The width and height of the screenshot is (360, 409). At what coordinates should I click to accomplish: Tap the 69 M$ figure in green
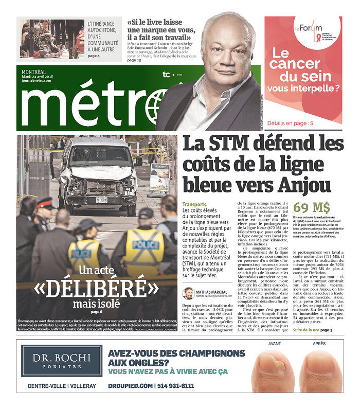(x=312, y=207)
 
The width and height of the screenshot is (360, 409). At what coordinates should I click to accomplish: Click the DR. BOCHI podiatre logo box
(x=62, y=360)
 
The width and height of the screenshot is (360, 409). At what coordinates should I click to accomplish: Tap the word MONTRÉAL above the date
(x=33, y=71)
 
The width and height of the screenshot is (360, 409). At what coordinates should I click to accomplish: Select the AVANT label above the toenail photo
(x=274, y=344)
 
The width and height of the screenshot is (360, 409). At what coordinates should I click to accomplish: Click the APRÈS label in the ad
(x=319, y=344)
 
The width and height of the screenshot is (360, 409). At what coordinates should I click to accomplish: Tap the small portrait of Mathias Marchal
(x=188, y=293)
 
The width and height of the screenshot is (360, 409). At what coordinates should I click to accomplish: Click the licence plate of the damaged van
(x=101, y=200)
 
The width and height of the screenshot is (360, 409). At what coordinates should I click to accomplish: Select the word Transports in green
(x=195, y=205)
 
